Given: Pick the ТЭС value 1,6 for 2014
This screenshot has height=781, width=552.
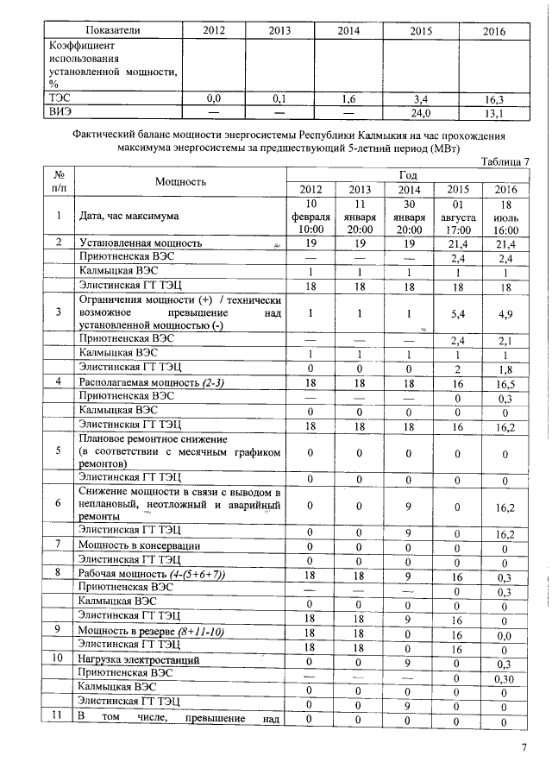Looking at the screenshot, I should [348, 99].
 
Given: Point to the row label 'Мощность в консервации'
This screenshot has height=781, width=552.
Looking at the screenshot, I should [139, 545].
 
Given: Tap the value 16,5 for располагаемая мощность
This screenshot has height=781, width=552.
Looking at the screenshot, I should [505, 381].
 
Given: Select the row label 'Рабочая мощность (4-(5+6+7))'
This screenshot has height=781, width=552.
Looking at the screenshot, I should [151, 573].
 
